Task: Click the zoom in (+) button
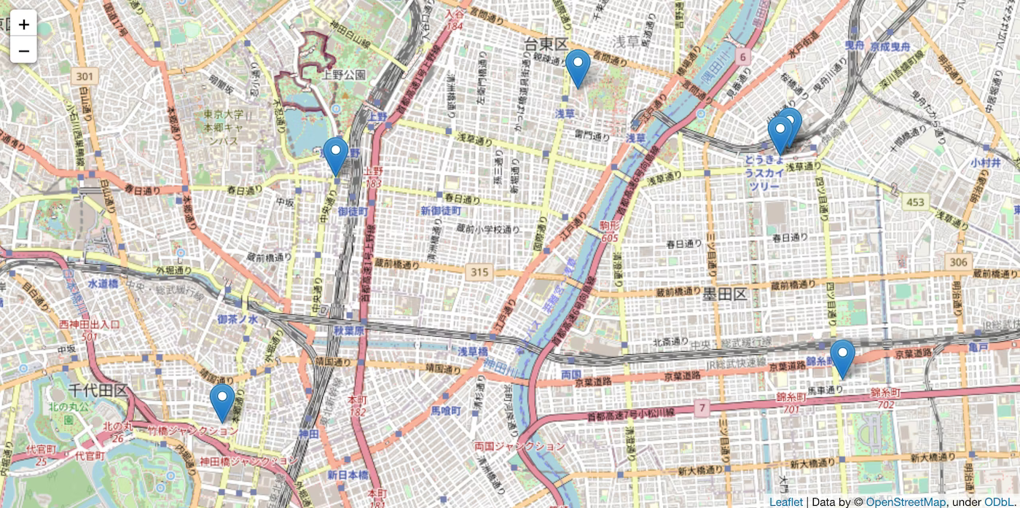click(23, 24)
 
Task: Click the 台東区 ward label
click(546, 45)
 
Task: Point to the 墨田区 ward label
click(725, 294)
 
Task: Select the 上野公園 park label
click(344, 74)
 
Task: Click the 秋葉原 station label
click(348, 329)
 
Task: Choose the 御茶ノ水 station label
click(238, 319)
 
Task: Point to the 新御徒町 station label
click(441, 211)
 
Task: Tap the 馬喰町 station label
click(446, 411)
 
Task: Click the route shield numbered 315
click(478, 272)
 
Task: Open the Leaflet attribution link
click(785, 501)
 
